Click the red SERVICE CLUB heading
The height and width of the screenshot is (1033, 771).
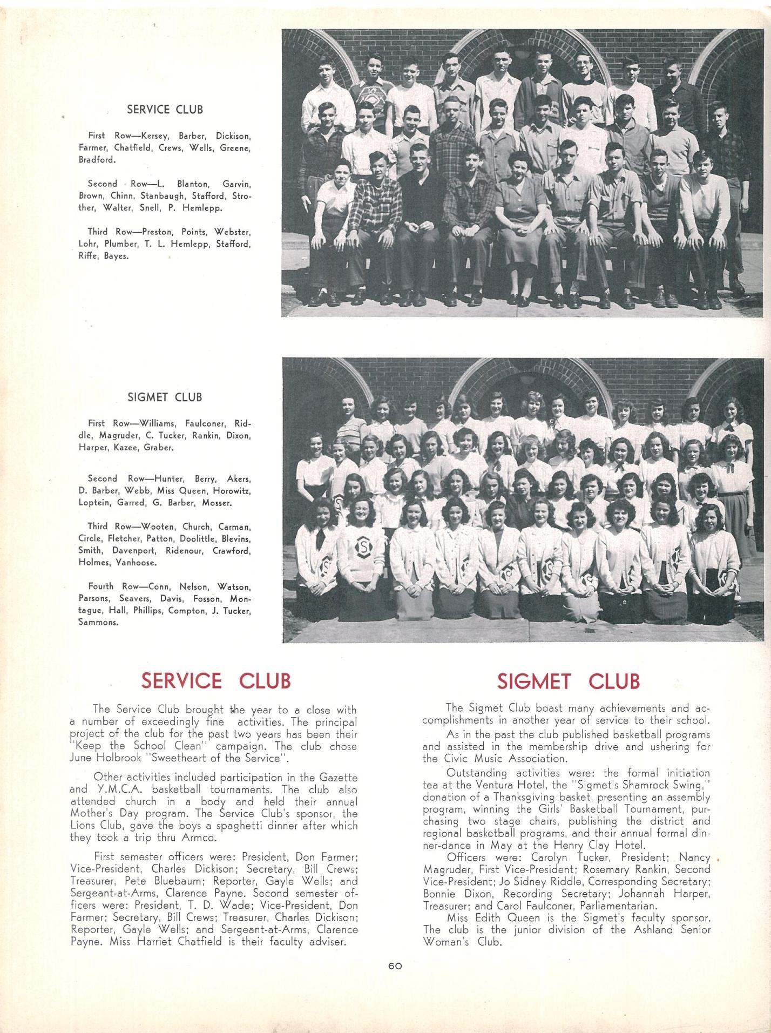tap(215, 680)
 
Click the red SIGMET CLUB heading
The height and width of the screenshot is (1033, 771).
tap(568, 681)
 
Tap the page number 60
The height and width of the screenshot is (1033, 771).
tap(395, 967)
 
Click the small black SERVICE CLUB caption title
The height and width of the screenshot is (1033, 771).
tap(165, 110)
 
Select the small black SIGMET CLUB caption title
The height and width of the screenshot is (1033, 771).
tap(165, 397)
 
